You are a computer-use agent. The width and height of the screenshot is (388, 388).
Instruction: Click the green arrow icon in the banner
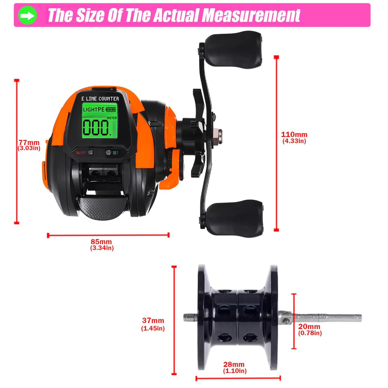27,15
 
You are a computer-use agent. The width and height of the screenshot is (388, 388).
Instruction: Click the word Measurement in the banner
251,15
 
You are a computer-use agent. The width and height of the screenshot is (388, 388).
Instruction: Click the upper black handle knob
233,49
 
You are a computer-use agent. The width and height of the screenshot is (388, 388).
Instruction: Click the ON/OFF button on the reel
90,153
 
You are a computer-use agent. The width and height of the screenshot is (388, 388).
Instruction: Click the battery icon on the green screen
111,110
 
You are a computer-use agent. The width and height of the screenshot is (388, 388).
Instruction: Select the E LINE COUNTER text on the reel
100,99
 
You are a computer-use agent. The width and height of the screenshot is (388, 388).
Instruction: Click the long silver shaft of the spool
328,318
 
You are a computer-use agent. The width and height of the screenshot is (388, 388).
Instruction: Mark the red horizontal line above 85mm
108,235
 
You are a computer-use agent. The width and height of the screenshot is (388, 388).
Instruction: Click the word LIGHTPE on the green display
93,110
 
